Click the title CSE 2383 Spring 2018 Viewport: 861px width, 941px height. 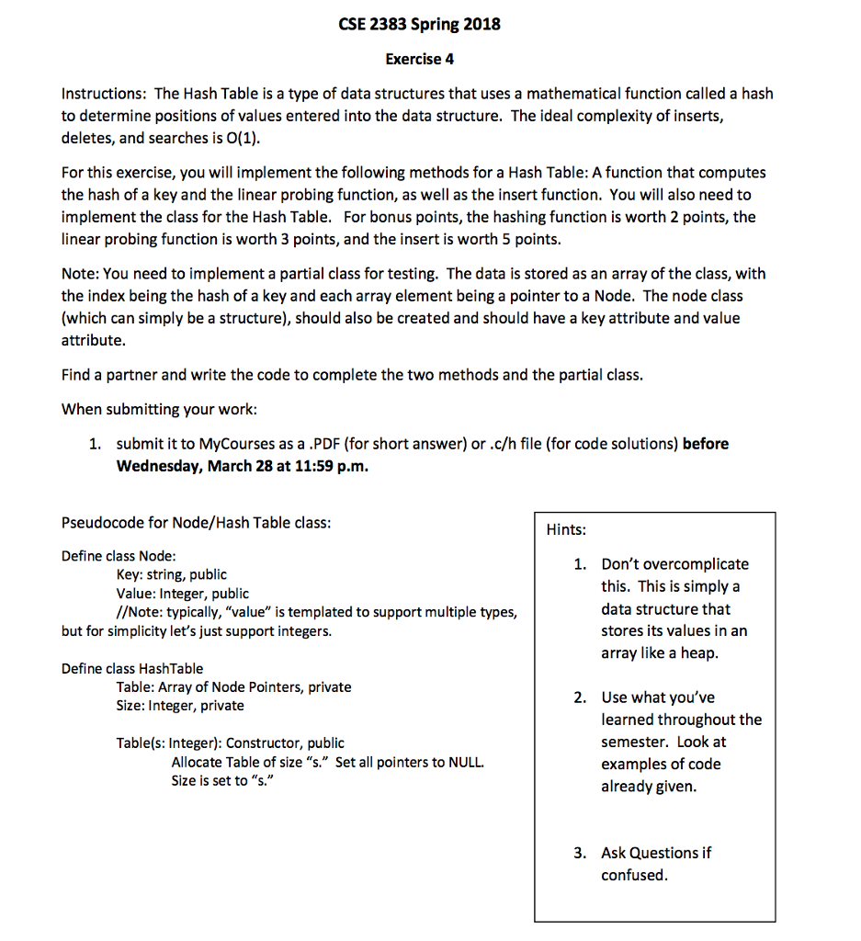point(419,25)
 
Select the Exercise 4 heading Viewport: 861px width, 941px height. point(419,60)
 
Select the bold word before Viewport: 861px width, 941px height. point(706,444)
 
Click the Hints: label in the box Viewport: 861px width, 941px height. point(566,530)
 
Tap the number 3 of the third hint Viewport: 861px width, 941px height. point(579,853)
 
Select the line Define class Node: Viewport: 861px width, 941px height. point(119,556)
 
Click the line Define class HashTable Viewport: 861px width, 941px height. point(132,668)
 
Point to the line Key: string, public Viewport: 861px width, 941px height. point(171,574)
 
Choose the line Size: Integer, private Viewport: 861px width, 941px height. point(180,706)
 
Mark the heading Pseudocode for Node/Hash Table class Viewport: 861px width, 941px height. point(196,523)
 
